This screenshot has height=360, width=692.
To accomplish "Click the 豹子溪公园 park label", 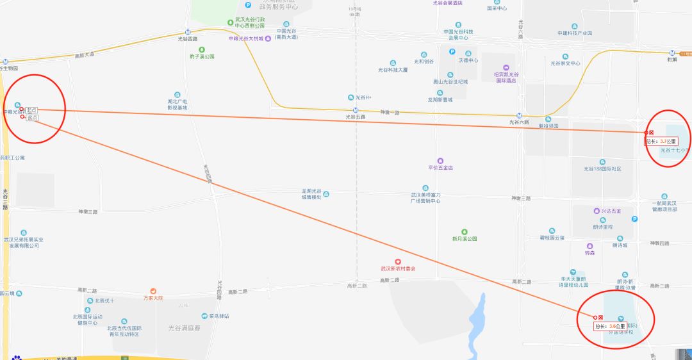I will [x=202, y=56].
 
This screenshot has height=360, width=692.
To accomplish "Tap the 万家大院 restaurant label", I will [x=153, y=298].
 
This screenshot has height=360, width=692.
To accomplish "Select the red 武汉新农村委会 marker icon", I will [x=398, y=261].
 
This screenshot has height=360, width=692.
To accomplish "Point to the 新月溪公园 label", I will [x=465, y=238].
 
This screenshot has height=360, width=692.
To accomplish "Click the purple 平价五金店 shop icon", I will [x=440, y=161].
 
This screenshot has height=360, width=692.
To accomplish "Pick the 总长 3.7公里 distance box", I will [x=662, y=141].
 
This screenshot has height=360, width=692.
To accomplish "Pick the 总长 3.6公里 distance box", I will [x=611, y=326].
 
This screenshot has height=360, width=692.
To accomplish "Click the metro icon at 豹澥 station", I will [x=672, y=53].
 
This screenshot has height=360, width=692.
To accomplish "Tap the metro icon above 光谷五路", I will [x=356, y=110].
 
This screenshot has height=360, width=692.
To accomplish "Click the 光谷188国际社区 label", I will [x=602, y=168].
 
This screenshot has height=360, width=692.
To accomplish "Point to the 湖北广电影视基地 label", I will [x=177, y=104].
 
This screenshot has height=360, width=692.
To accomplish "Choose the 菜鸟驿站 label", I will [x=218, y=316].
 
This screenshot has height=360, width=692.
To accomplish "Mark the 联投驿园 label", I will [x=548, y=126].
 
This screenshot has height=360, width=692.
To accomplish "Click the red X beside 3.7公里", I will [x=652, y=133].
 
